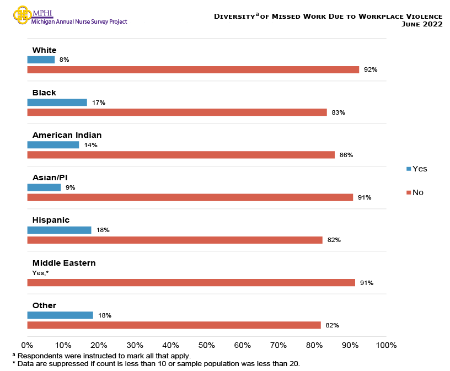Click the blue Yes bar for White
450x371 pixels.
[41, 60]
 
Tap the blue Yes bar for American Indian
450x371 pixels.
[53, 145]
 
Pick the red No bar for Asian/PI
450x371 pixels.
[190, 197]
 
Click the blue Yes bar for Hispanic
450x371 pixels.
[59, 230]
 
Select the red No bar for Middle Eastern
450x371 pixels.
[191, 282]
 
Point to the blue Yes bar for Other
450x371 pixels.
[60, 315]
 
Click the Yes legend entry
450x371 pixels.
[417, 169]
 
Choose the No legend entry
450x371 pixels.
[415, 192]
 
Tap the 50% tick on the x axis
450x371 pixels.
[206, 345]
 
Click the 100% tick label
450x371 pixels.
[386, 345]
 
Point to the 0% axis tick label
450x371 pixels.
[27, 345]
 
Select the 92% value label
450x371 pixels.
[370, 70]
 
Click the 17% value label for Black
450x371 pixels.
[99, 103]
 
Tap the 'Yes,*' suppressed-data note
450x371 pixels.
[41, 273]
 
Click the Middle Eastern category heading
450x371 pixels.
[64, 263]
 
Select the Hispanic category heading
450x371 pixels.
[51, 220]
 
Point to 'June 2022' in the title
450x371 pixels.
[422, 24]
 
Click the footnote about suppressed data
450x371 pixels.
[156, 364]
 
